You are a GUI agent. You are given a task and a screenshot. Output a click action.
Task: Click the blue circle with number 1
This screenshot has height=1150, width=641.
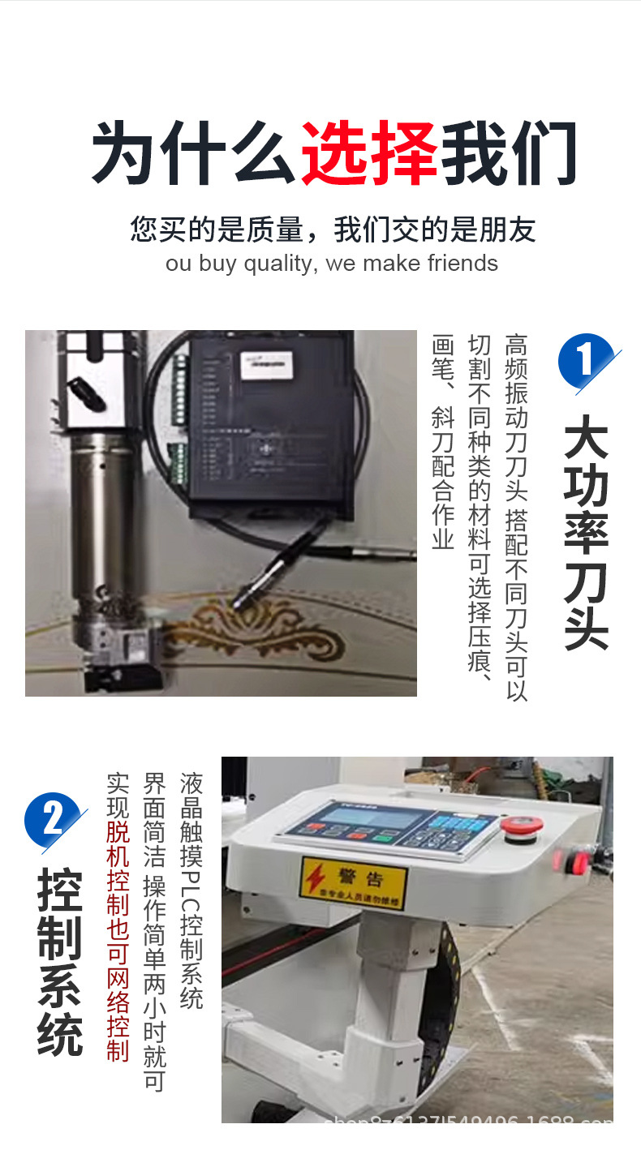(584, 361)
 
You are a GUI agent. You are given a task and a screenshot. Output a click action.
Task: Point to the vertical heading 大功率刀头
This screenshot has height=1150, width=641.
(586, 531)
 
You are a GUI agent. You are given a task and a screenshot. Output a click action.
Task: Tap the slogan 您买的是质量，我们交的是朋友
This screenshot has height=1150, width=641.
(333, 230)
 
